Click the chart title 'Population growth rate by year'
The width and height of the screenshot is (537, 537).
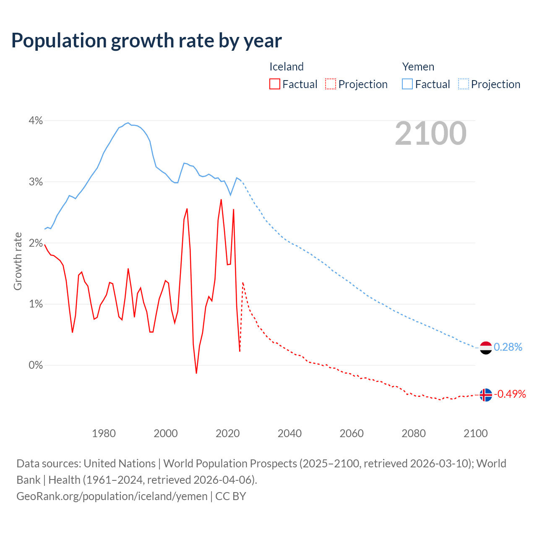(x=146, y=41)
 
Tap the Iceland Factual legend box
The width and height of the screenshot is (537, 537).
(x=274, y=84)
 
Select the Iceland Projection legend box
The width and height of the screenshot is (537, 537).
(x=331, y=84)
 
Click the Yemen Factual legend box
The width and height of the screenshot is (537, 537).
(x=407, y=84)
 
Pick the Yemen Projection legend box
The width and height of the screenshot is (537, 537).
(x=463, y=84)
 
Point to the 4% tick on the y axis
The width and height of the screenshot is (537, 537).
(x=36, y=121)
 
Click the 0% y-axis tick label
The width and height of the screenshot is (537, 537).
(x=36, y=365)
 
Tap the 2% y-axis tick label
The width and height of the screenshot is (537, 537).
(x=36, y=243)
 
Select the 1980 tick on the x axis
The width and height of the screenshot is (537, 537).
(x=104, y=433)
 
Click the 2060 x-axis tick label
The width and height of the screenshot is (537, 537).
(x=352, y=433)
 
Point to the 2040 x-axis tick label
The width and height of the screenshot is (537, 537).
(x=289, y=433)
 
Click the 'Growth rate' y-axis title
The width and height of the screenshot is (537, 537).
(x=18, y=261)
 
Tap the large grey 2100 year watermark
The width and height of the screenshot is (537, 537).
(x=430, y=133)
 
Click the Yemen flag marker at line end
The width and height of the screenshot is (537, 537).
(x=485, y=348)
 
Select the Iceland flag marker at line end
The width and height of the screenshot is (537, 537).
(x=485, y=395)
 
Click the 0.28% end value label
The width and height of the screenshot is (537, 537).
(x=508, y=347)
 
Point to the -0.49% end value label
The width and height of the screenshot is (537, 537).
(x=510, y=394)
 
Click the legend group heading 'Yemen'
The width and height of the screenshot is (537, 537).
(x=418, y=67)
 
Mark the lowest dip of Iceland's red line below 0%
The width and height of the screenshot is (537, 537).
(x=196, y=373)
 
